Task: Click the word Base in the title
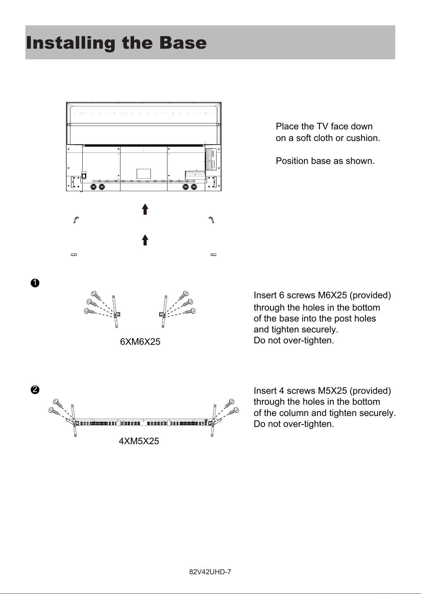(183, 43)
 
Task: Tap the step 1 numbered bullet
(35, 283)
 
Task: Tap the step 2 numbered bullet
(35, 390)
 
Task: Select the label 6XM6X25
(140, 342)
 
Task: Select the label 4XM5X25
(139, 441)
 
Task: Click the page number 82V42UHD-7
(210, 572)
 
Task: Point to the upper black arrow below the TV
(145, 209)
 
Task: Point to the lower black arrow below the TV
(145, 240)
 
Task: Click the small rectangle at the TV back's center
(144, 174)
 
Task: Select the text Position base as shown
(325, 161)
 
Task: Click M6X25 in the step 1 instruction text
(332, 295)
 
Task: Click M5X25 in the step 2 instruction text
(332, 391)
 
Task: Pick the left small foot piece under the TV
(74, 255)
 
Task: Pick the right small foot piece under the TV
(214, 255)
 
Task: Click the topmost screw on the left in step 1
(95, 295)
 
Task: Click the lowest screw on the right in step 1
(190, 311)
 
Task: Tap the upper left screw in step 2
(58, 403)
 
